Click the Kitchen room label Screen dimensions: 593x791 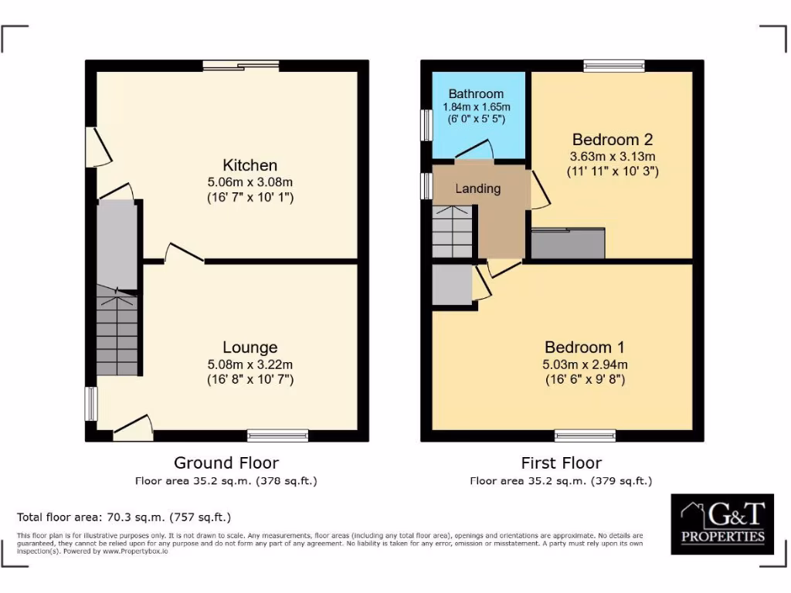(250, 165)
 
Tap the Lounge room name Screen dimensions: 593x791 (250, 347)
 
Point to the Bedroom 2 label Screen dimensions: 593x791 (612, 140)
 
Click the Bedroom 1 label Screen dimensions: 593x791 (584, 347)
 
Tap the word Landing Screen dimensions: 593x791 (477, 188)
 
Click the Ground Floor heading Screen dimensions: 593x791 (226, 463)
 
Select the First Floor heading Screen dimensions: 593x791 (561, 463)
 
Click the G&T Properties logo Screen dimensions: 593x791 (721, 524)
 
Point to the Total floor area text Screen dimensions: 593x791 (124, 517)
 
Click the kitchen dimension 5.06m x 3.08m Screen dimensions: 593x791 (250, 182)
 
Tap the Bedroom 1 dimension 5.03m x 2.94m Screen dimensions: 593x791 (584, 364)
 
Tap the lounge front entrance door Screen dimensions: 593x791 (133, 427)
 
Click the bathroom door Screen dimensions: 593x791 (474, 150)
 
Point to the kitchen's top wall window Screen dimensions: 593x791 (241, 66)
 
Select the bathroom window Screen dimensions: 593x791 (426, 124)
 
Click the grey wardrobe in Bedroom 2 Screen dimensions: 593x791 (568, 243)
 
